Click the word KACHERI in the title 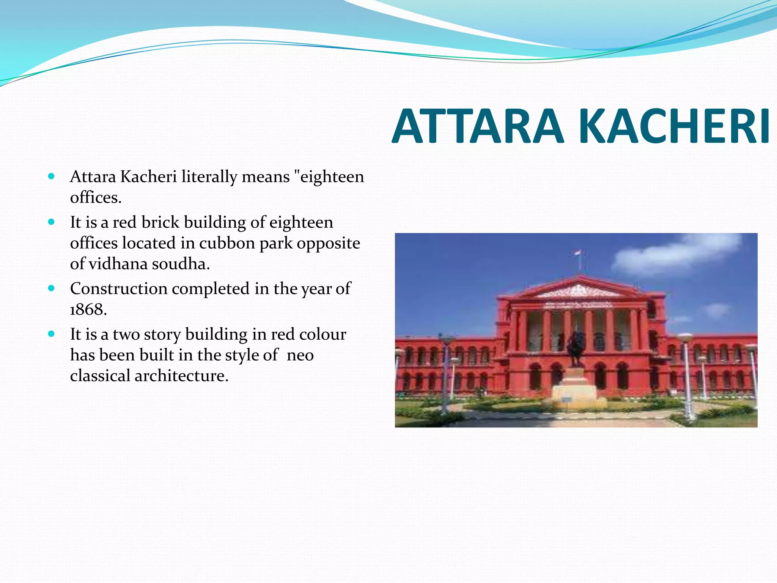click(x=675, y=127)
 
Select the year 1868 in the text click(x=88, y=310)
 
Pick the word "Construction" click(x=118, y=289)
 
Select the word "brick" click(x=160, y=222)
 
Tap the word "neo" click(x=300, y=355)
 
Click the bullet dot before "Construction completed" click(x=52, y=288)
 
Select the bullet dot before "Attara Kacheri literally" click(x=52, y=176)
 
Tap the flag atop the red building click(x=578, y=253)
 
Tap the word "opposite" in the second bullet click(x=328, y=243)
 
